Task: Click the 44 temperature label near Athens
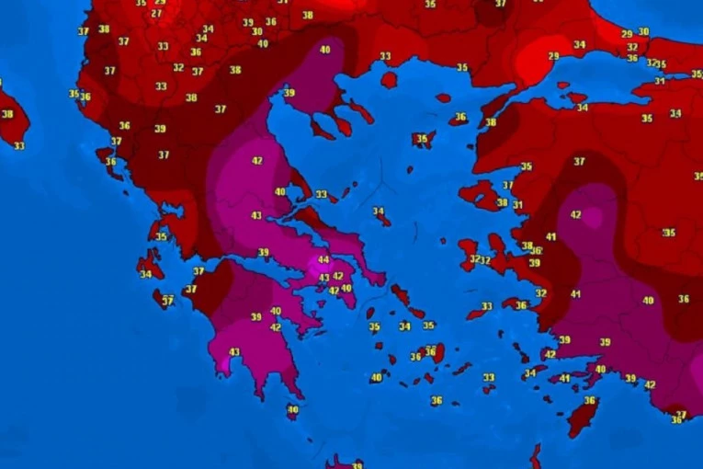[323, 260]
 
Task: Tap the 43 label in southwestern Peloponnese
[234, 352]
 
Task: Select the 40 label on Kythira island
[292, 409]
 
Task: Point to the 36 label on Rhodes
[590, 401]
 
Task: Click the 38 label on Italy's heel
[7, 114]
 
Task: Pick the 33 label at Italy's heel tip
[19, 146]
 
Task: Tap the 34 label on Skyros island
[379, 212]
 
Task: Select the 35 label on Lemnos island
[422, 140]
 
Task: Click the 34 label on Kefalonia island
[146, 274]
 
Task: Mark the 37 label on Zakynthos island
[167, 301]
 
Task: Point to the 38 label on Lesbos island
[502, 202]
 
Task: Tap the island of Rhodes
[581, 418]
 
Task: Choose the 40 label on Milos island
[376, 377]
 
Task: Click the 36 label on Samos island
[521, 305]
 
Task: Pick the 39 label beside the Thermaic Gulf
[289, 93]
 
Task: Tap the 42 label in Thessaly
[256, 161]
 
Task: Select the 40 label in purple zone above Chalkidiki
[324, 50]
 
